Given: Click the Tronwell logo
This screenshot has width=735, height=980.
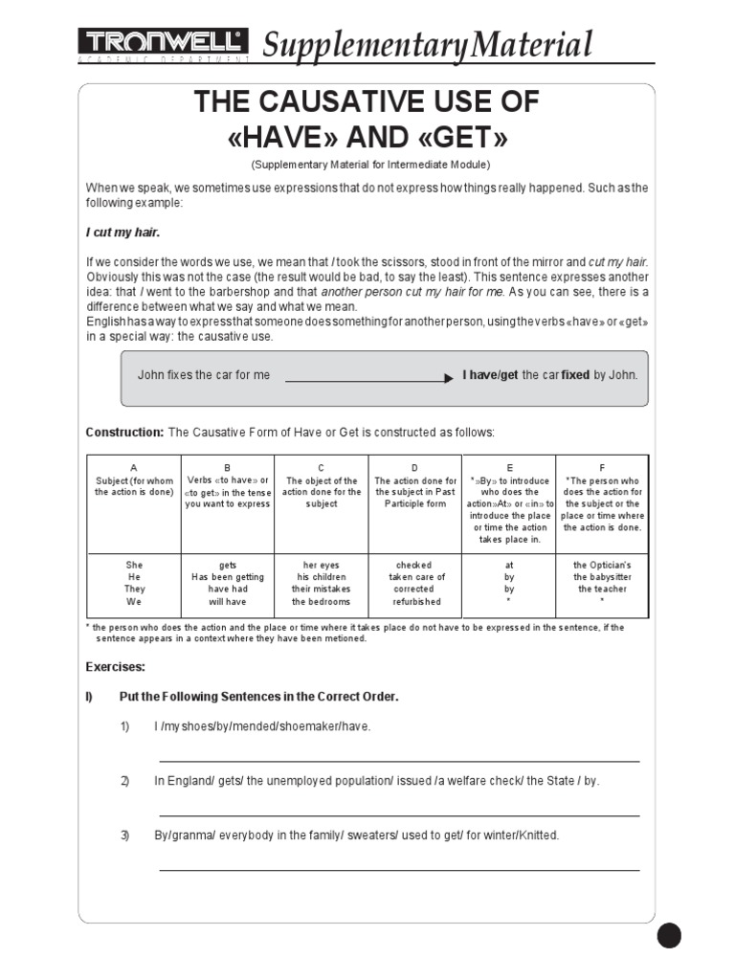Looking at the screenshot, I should click(164, 42).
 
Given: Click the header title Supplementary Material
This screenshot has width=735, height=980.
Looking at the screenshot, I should click(427, 44).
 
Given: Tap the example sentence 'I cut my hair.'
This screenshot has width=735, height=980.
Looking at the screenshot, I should click(123, 233).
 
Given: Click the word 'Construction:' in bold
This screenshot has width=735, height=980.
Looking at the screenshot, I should click(125, 433).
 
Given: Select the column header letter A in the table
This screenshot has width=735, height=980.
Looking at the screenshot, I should click(134, 468).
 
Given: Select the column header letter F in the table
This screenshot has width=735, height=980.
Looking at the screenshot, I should click(602, 468).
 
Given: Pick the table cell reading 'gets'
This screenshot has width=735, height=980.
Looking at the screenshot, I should click(228, 566).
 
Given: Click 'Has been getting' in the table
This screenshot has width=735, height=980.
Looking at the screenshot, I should click(228, 578).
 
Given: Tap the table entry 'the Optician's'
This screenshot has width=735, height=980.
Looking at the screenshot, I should click(602, 566).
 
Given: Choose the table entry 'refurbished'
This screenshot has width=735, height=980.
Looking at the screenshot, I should click(414, 602).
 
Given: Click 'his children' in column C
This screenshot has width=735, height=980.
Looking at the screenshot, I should click(322, 578).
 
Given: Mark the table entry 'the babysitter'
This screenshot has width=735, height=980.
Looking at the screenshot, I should click(602, 578).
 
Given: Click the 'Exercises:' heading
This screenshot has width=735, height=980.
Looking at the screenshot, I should click(116, 666).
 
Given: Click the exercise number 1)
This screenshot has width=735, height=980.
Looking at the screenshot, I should click(124, 727).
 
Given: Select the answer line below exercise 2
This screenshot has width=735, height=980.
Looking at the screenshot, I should click(399, 815).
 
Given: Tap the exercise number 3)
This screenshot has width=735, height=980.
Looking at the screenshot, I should click(124, 835).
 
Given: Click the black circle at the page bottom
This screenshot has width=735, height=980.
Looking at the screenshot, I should click(669, 935).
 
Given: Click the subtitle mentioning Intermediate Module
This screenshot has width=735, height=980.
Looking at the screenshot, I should click(368, 166).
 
